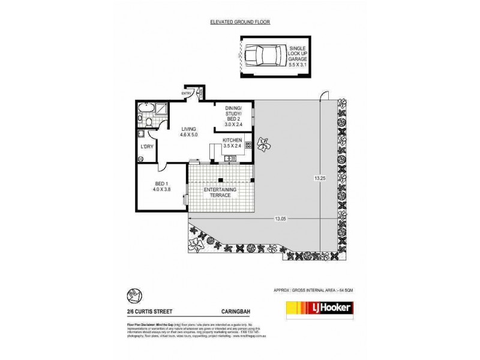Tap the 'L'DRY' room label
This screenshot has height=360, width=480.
[x=146, y=146]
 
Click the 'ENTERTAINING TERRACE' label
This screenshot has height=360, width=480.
[x=220, y=193]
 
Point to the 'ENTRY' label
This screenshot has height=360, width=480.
[x=187, y=94]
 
